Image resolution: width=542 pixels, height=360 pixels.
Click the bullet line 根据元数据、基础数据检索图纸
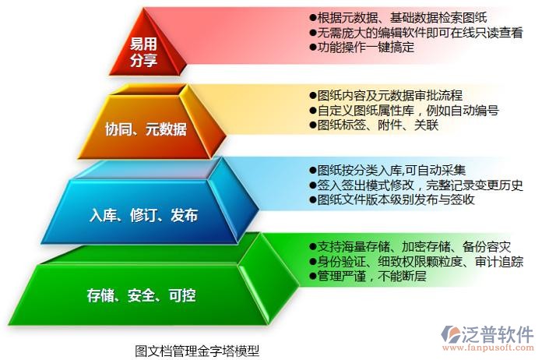pyautogui.click(x=399, y=18)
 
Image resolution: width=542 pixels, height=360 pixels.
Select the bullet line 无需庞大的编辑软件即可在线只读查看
pyautogui.click(x=415, y=33)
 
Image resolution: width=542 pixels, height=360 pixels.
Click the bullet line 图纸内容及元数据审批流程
pyautogui.click(x=386, y=95)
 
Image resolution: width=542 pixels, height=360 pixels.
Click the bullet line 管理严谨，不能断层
pyautogui.click(x=367, y=276)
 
